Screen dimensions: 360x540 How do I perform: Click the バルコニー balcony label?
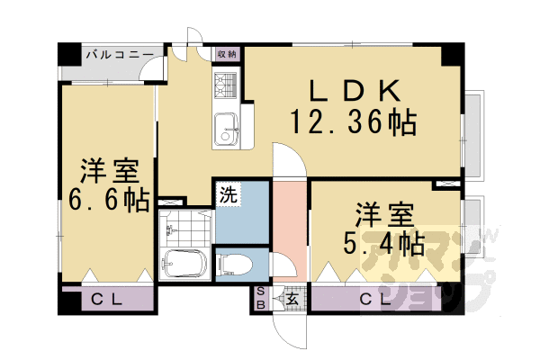[119, 56]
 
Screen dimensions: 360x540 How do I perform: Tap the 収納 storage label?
[226, 54]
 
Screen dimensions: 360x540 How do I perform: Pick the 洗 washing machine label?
[229, 193]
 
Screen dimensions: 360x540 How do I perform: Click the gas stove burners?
[224, 85]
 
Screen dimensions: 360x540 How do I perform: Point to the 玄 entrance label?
[293, 298]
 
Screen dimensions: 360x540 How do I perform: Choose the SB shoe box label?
[260, 297]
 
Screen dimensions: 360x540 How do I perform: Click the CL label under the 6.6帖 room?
[105, 298]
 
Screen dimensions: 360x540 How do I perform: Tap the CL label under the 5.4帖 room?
[375, 298]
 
